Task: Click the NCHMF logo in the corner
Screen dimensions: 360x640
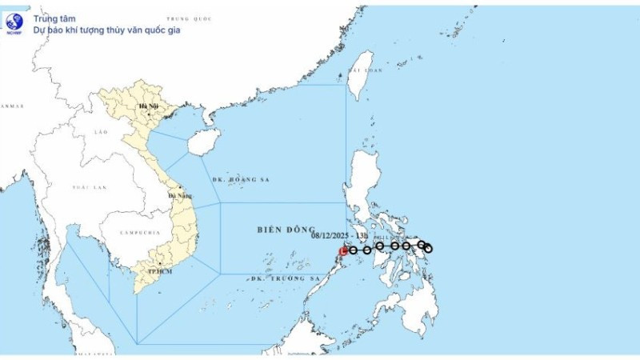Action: point(14,22)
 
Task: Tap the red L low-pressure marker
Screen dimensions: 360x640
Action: point(343,250)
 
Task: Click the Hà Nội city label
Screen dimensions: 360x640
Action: point(148,106)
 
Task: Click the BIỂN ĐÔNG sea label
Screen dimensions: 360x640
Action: point(286,230)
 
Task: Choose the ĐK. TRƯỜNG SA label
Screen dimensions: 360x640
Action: point(285,278)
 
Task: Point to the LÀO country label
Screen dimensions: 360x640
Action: point(101,130)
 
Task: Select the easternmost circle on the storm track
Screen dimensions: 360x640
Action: point(428,249)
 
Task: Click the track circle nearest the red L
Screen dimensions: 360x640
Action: point(353,250)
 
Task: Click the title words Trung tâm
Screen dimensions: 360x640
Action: point(49,17)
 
